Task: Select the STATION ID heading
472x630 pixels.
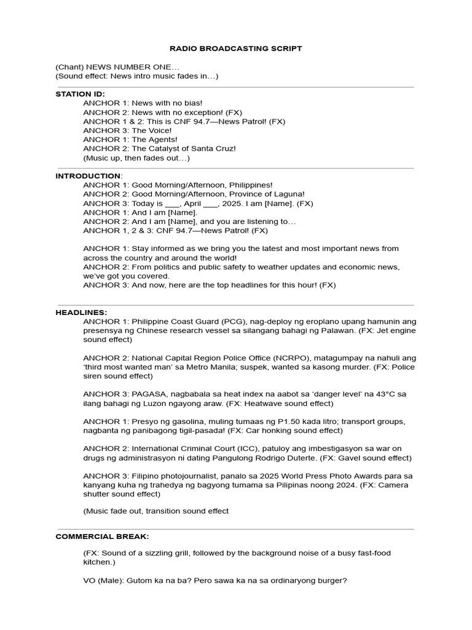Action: tap(81, 94)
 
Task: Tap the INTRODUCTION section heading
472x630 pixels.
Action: tap(88, 175)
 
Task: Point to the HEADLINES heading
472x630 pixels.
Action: tap(81, 312)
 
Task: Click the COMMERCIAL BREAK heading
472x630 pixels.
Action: tap(102, 536)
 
